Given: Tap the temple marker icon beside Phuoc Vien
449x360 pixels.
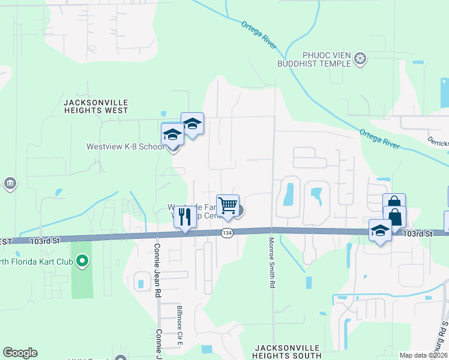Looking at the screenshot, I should [x=360, y=59].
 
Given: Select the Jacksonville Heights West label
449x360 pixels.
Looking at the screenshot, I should [x=95, y=107].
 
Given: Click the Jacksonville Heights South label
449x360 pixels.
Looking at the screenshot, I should [x=288, y=352].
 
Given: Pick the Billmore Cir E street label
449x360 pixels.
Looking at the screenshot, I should [x=179, y=325].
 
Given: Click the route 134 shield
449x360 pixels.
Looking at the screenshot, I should [x=227, y=233].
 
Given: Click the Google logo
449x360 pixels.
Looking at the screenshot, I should [x=20, y=353].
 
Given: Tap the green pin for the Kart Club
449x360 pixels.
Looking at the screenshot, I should [x=83, y=261].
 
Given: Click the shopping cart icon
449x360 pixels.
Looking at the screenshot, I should [x=228, y=206].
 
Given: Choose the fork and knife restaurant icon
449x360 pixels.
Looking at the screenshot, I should [x=185, y=217].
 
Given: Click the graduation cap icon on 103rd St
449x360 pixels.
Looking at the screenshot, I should [x=380, y=230].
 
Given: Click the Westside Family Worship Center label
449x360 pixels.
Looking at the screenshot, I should [x=198, y=212].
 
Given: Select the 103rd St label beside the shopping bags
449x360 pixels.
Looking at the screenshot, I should [x=418, y=234].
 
